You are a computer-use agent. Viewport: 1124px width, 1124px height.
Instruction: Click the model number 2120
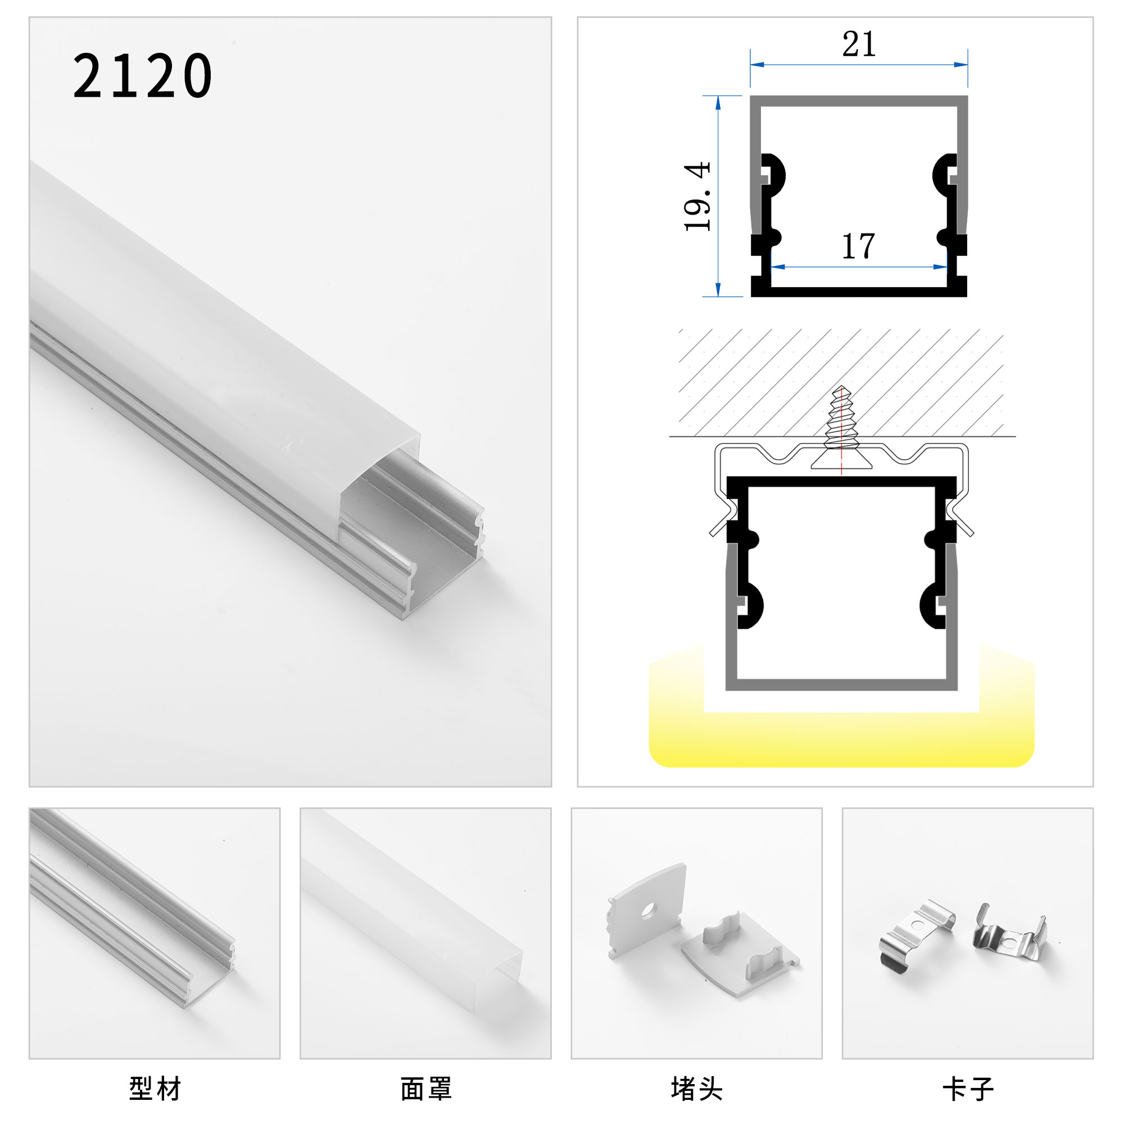pos(143,76)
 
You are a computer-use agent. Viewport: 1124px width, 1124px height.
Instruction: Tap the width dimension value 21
pos(859,44)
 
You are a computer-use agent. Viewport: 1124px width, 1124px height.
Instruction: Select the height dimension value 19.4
pos(697,197)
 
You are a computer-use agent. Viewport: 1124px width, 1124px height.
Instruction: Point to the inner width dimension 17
pos(858,246)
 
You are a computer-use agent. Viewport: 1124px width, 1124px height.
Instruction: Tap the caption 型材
pos(155,1089)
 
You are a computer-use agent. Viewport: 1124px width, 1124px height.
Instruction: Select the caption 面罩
pos(426,1089)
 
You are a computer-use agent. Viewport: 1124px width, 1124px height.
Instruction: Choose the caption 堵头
pos(697,1089)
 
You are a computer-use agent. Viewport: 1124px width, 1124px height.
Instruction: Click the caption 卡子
pos(968,1089)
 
